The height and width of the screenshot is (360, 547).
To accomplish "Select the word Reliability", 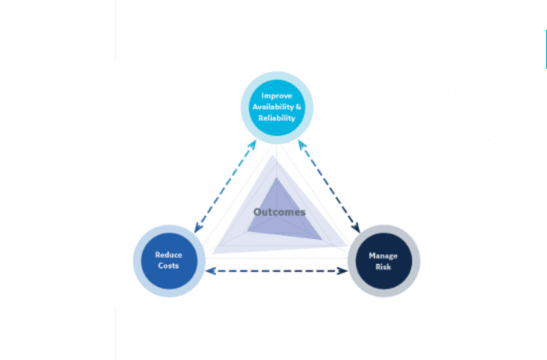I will [x=276, y=119].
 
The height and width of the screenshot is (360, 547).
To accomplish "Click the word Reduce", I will [x=168, y=255].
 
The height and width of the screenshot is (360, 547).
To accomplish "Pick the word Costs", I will [x=167, y=266].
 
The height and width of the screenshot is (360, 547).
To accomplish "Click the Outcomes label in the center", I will [x=279, y=211].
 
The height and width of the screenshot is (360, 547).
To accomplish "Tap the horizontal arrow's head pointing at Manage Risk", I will [x=343, y=272].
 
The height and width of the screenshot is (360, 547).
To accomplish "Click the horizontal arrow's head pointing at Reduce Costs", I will [x=208, y=272].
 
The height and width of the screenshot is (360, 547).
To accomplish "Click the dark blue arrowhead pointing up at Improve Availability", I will [x=300, y=142].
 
